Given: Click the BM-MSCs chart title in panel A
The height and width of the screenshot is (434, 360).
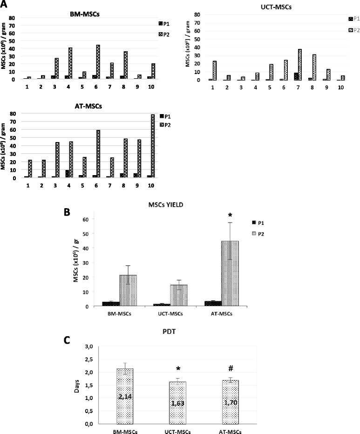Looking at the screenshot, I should coord(84,14).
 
